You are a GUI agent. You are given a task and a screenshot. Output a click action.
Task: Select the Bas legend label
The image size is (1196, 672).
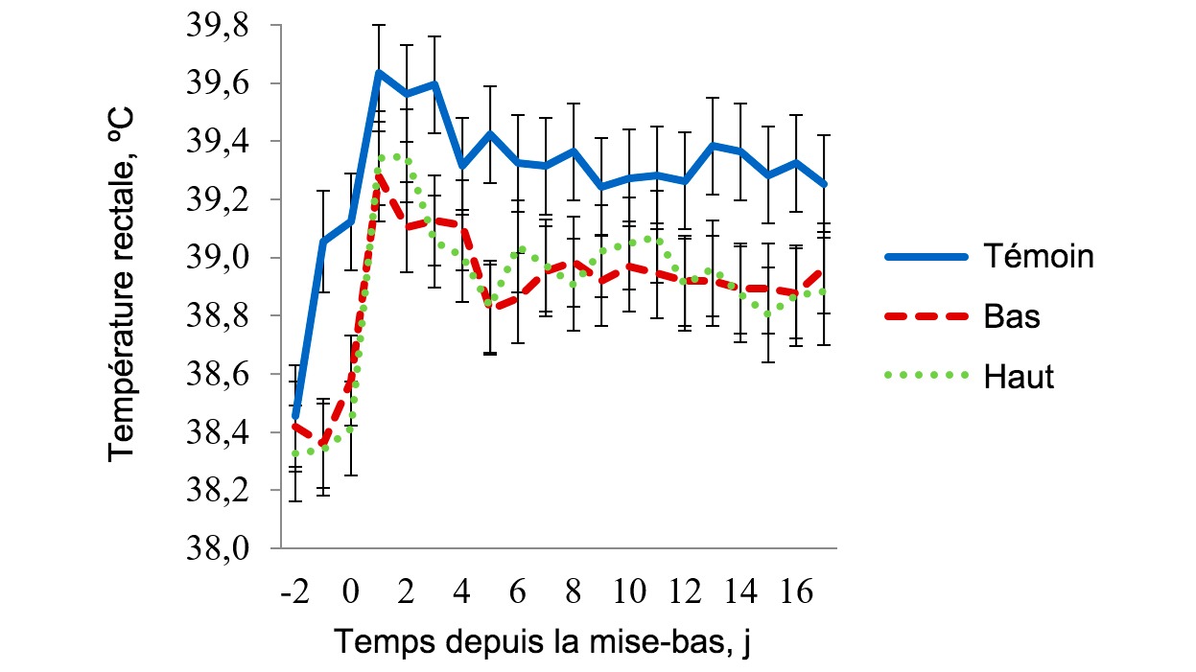[x=1012, y=316]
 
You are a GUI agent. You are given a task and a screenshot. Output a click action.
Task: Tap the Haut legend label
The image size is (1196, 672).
[x=1019, y=377]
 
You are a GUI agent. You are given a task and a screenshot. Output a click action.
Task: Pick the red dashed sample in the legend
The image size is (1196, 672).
[x=924, y=316]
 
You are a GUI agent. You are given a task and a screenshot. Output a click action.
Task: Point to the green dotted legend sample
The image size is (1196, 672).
[x=924, y=377]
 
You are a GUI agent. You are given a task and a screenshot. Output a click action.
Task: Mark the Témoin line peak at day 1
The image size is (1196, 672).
[x=379, y=72]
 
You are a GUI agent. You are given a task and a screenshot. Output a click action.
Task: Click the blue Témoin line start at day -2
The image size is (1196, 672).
[x=295, y=414]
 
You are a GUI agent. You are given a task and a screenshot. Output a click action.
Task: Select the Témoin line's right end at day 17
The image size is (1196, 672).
[x=824, y=184]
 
